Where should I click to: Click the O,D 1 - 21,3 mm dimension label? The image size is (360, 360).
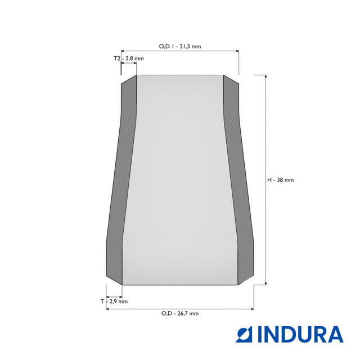180,46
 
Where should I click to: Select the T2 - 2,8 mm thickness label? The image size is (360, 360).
129,58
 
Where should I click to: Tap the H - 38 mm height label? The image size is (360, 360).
280,180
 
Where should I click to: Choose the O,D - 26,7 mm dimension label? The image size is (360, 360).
179,313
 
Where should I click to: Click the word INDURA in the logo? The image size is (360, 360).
300,335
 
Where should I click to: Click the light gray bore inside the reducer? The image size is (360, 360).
180,180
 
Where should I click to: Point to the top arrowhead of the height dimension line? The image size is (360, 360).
265,76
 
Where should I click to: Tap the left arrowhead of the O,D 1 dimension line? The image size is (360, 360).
123,51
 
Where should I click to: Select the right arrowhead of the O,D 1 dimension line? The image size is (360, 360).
237,51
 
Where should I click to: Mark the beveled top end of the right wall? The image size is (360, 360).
231,80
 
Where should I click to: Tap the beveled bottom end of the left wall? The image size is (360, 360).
114,279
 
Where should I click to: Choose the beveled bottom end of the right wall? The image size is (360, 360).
245,279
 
